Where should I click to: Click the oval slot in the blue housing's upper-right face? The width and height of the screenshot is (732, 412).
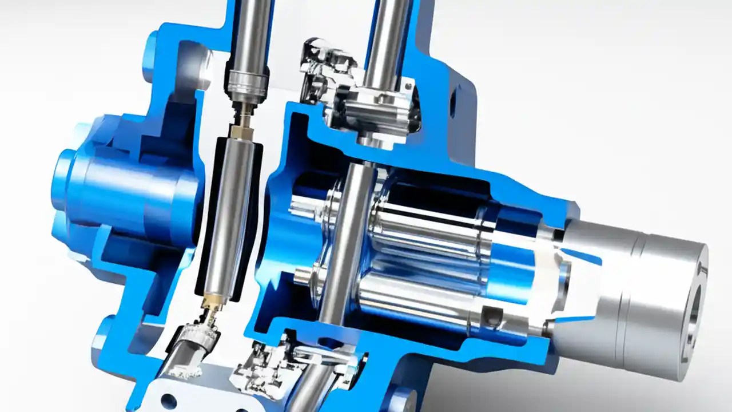(x=452, y=104)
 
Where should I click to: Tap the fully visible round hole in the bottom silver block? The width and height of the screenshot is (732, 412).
(x=169, y=400)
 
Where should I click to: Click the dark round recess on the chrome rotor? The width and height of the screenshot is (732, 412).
(x=491, y=313)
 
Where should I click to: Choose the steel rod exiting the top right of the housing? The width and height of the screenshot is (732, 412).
(x=389, y=40)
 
